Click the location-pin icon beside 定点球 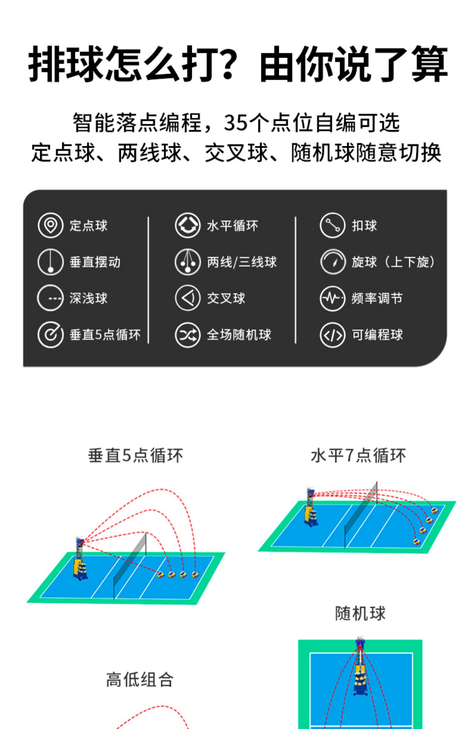[x=51, y=225]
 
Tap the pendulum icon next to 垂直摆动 [x=51, y=262]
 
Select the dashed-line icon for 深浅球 [x=51, y=298]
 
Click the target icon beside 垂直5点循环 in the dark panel [x=51, y=335]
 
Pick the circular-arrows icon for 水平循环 [x=187, y=225]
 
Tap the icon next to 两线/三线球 [x=187, y=262]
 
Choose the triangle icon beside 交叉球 [x=187, y=298]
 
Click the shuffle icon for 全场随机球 [x=187, y=335]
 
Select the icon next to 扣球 [x=333, y=225]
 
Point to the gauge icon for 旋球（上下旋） [x=333, y=262]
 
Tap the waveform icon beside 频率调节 [x=333, y=298]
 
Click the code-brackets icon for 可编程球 [x=333, y=335]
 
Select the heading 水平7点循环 [x=358, y=456]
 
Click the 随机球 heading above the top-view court [x=360, y=613]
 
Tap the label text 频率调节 [x=377, y=298]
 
